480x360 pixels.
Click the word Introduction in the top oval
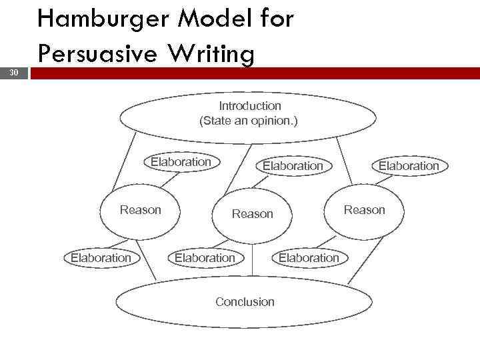click(x=250, y=106)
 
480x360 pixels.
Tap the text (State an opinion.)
click(x=249, y=121)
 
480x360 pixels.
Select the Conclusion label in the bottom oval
click(x=245, y=302)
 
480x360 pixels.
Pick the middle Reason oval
click(x=252, y=214)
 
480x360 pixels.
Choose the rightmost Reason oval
click(x=364, y=210)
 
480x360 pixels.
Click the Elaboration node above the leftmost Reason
click(x=181, y=162)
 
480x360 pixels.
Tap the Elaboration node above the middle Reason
click(x=293, y=165)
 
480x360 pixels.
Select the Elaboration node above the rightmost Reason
click(x=409, y=165)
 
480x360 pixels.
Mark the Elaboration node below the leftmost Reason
click(x=101, y=257)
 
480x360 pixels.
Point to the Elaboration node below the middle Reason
click(x=205, y=257)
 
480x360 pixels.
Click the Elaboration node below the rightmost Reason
click(x=309, y=257)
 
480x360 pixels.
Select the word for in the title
click(x=273, y=20)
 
